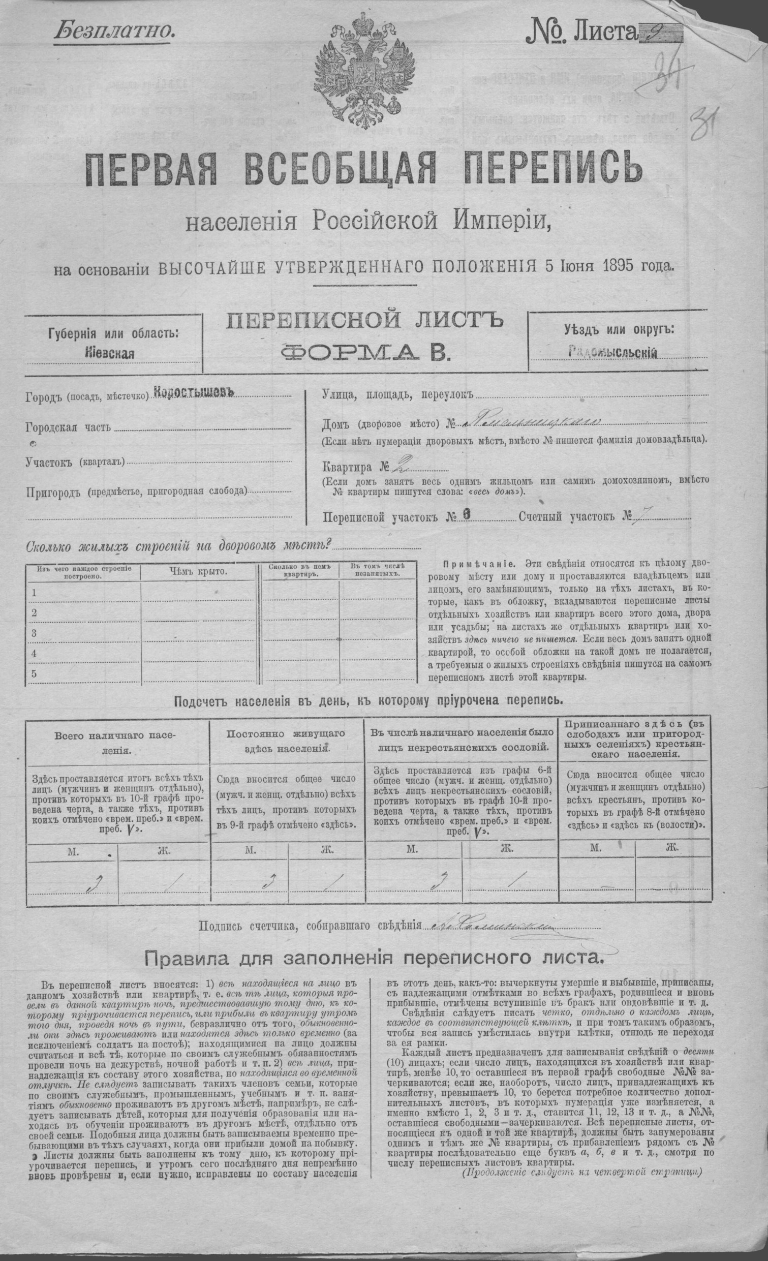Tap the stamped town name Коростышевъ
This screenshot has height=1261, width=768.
tap(194, 392)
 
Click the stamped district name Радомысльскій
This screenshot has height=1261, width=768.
tap(612, 353)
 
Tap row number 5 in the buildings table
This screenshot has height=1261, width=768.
tap(34, 673)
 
